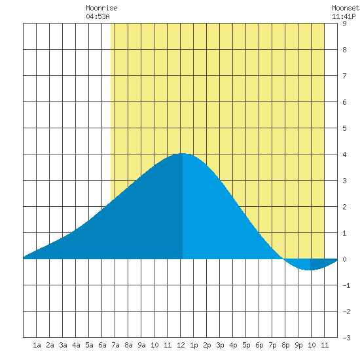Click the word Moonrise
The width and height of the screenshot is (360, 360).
click(x=101, y=8)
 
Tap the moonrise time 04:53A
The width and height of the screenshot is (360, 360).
click(x=98, y=16)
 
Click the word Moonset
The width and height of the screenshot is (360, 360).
click(x=346, y=8)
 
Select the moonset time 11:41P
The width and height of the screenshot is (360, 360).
click(x=344, y=16)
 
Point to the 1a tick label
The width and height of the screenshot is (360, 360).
click(x=37, y=345)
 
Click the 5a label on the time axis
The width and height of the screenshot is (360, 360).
click(x=89, y=345)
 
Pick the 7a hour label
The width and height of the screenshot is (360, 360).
click(x=115, y=345)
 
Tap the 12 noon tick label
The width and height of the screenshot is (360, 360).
click(x=181, y=345)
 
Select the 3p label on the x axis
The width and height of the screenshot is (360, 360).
click(x=220, y=345)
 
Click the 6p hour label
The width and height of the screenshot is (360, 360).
click(x=259, y=345)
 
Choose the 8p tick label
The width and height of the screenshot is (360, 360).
click(x=285, y=345)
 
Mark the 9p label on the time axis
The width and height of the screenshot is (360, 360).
click(x=298, y=345)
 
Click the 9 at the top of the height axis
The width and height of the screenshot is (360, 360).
click(x=344, y=24)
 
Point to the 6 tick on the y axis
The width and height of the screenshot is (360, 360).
click(x=344, y=102)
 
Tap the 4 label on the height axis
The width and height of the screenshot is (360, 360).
click(x=344, y=154)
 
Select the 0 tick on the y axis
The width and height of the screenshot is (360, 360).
click(x=344, y=259)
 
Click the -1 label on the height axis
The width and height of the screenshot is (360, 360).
click(x=346, y=285)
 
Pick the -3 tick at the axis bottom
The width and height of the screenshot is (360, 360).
click(x=346, y=338)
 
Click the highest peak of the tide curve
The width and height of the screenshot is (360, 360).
click(x=183, y=153)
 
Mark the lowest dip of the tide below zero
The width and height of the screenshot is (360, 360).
click(x=310, y=270)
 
